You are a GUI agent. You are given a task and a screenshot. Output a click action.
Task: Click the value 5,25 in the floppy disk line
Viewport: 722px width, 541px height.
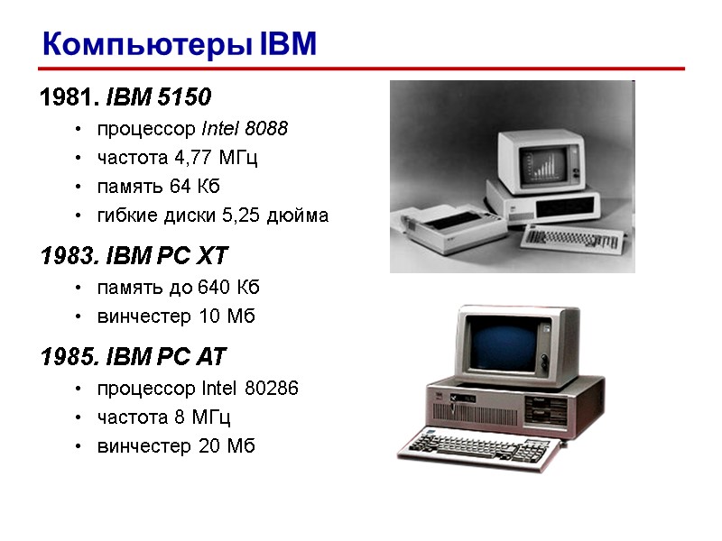[x=256, y=215]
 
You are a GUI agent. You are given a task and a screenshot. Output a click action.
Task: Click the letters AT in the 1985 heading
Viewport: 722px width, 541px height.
[x=207, y=357]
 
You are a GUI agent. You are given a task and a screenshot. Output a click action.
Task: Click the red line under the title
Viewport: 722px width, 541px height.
[x=361, y=69]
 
